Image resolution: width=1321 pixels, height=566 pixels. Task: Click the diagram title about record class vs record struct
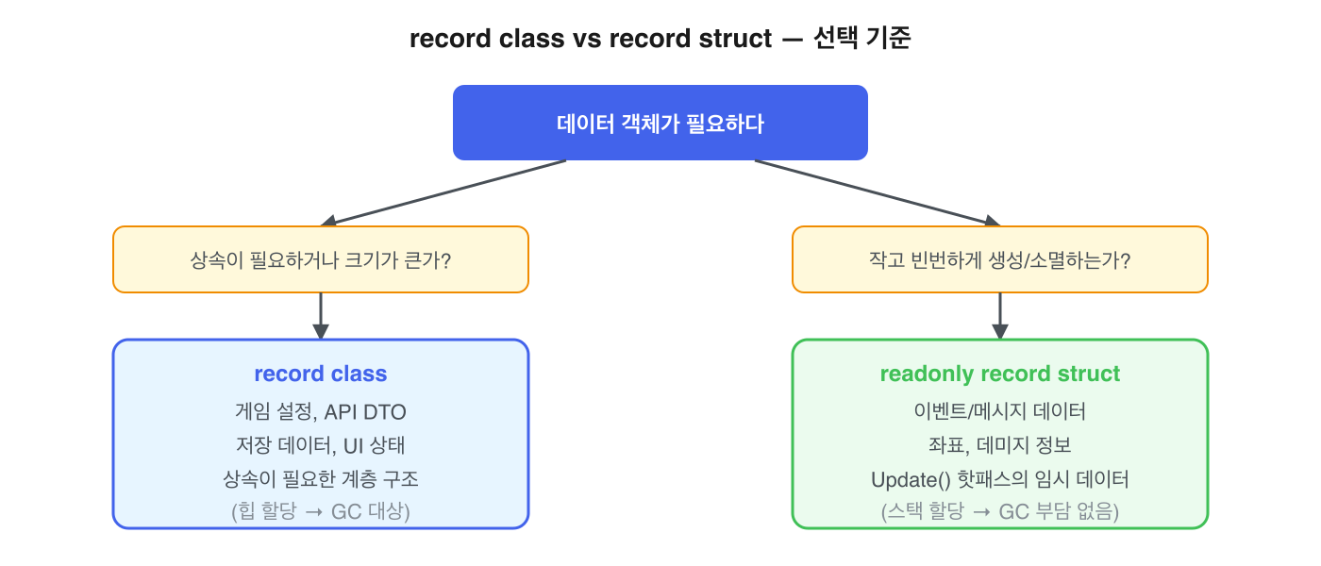[x=660, y=40]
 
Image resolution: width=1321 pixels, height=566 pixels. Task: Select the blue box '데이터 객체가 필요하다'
[x=660, y=123]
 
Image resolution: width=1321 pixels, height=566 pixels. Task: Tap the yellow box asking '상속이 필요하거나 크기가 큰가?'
[x=321, y=259]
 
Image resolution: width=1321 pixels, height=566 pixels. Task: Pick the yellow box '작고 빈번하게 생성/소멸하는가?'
[x=999, y=259]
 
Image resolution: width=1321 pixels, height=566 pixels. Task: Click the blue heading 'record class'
[x=321, y=374]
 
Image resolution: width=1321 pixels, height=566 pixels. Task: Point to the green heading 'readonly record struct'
[x=999, y=374]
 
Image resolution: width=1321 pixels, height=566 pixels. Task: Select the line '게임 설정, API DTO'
[x=321, y=411]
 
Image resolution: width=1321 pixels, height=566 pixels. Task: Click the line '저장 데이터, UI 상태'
[x=321, y=445]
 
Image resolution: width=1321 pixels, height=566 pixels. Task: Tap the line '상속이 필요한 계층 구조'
[x=321, y=479]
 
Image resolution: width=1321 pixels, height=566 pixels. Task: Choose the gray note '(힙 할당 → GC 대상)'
[x=321, y=512]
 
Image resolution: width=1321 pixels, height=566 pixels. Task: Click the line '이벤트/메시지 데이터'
[x=999, y=411]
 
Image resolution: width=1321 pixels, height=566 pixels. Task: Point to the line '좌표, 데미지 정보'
[x=999, y=445]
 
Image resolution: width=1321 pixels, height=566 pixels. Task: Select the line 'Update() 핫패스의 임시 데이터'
[x=999, y=479]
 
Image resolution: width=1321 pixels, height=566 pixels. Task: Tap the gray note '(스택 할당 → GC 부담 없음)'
[x=999, y=512]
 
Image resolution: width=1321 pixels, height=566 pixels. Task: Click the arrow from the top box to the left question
[x=443, y=192]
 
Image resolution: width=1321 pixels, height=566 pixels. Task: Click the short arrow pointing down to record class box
[x=321, y=315]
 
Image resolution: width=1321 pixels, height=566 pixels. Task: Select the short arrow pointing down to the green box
[x=1000, y=315]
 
